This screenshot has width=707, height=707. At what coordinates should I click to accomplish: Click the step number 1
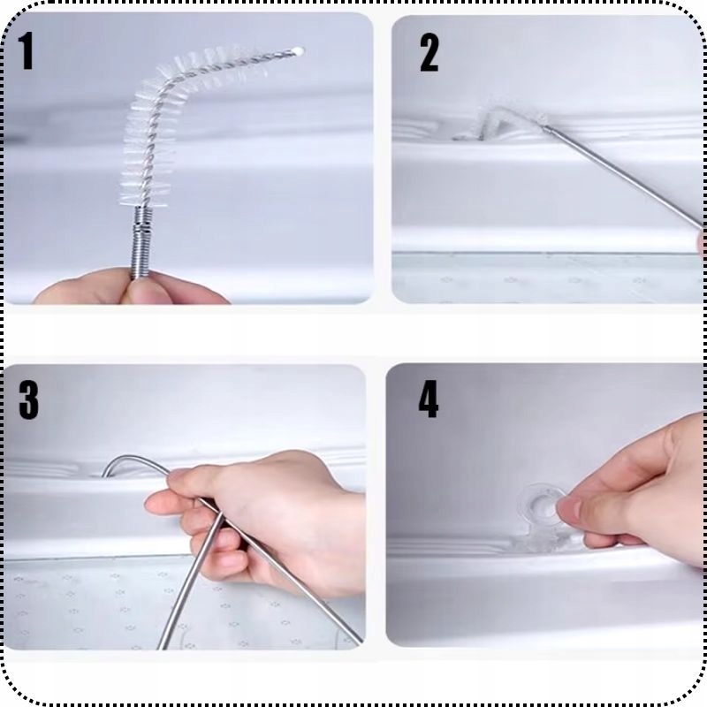[x=27, y=51]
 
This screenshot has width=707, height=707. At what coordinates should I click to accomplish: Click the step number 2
[x=429, y=53]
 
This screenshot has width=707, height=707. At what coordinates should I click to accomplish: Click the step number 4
[x=429, y=399]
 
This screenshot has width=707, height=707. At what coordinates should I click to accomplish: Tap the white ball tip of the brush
[x=298, y=50]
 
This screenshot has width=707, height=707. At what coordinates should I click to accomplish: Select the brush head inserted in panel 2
[x=500, y=121]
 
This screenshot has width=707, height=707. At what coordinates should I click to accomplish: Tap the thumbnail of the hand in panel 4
[x=569, y=509]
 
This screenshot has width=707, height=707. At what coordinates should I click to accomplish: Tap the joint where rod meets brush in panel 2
[x=545, y=127]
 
